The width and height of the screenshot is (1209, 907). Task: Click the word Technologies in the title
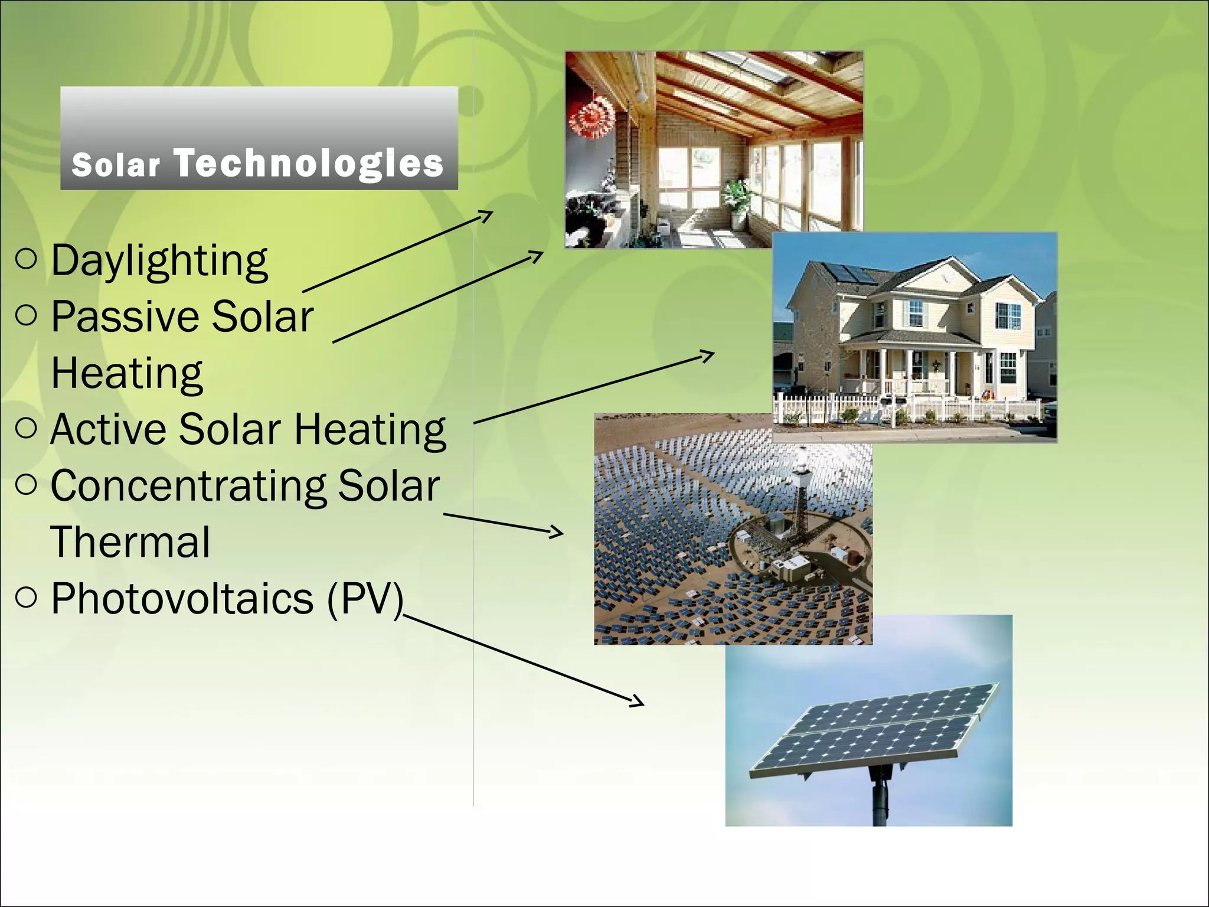(308, 163)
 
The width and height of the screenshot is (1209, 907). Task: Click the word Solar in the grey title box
(116, 165)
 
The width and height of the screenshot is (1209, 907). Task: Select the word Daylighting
(159, 261)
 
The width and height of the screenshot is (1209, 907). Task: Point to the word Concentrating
(188, 487)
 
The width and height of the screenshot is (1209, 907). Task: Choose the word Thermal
(130, 542)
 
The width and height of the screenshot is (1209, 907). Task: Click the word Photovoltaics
(182, 599)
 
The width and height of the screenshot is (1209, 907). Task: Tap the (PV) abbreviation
(365, 599)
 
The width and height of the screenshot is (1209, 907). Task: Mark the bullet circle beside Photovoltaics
(27, 598)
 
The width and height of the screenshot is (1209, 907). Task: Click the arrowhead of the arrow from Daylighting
(488, 214)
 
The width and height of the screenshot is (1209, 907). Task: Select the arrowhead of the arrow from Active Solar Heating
(709, 354)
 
